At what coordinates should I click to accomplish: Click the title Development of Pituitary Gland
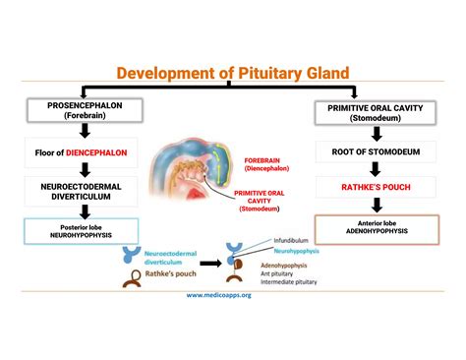pos(232,73)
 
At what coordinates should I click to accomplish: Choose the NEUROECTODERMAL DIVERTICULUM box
pos(75,189)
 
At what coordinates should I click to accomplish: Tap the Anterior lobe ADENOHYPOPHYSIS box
pos(371,227)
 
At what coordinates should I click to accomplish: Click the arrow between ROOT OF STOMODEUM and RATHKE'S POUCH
pos(371,168)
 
